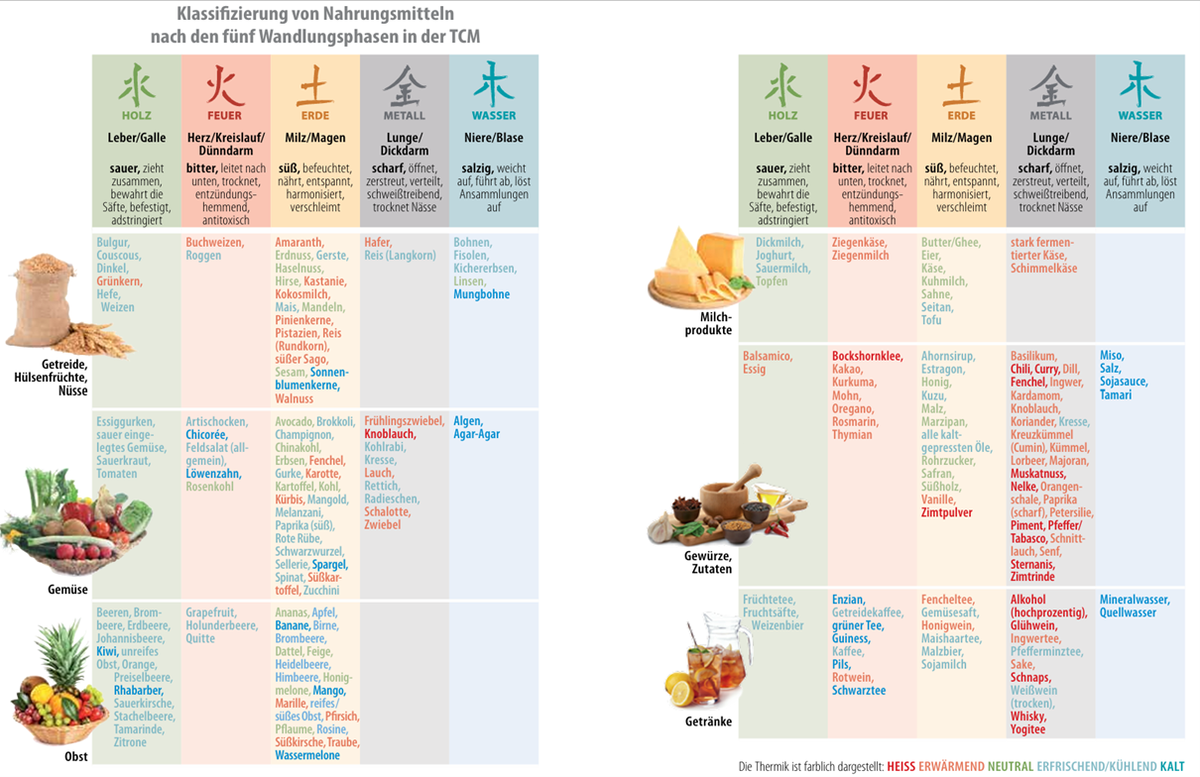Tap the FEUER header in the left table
pyautogui.click(x=225, y=116)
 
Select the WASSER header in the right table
pyautogui.click(x=1140, y=116)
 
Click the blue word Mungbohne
pyautogui.click(x=482, y=294)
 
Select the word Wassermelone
pyautogui.click(x=307, y=755)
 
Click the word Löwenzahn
pyautogui.click(x=213, y=474)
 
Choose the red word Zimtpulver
pyautogui.click(x=947, y=513)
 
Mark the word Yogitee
pyautogui.click(x=1028, y=729)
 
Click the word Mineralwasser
pyautogui.click(x=1135, y=600)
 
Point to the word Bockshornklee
pyautogui.click(x=868, y=356)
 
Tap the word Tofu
pyautogui.click(x=931, y=320)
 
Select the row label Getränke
pyautogui.click(x=708, y=721)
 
